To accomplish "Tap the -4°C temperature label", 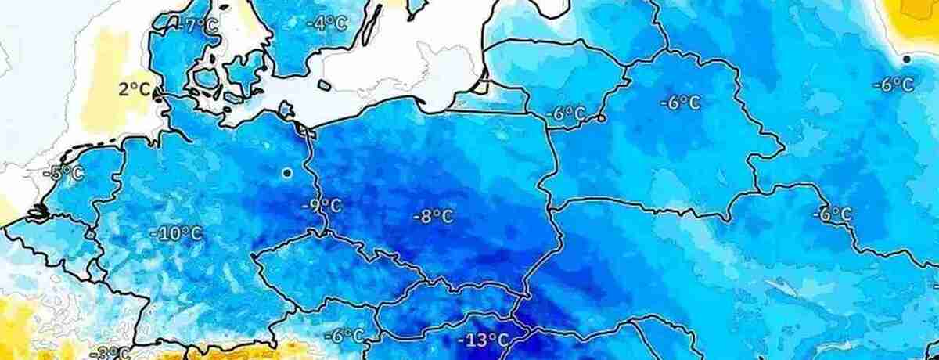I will [x=326, y=23].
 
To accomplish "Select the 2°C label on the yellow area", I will [x=135, y=89].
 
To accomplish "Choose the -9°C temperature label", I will [x=321, y=207].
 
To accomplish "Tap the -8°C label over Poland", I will [x=433, y=216].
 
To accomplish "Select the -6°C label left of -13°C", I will [x=344, y=337].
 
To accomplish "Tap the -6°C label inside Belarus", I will [x=680, y=103].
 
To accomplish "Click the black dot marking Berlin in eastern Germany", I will [x=287, y=172].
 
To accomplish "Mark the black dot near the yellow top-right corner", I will [x=906, y=59].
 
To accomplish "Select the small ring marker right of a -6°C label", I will [x=600, y=119].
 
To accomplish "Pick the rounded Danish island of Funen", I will [x=205, y=79].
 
